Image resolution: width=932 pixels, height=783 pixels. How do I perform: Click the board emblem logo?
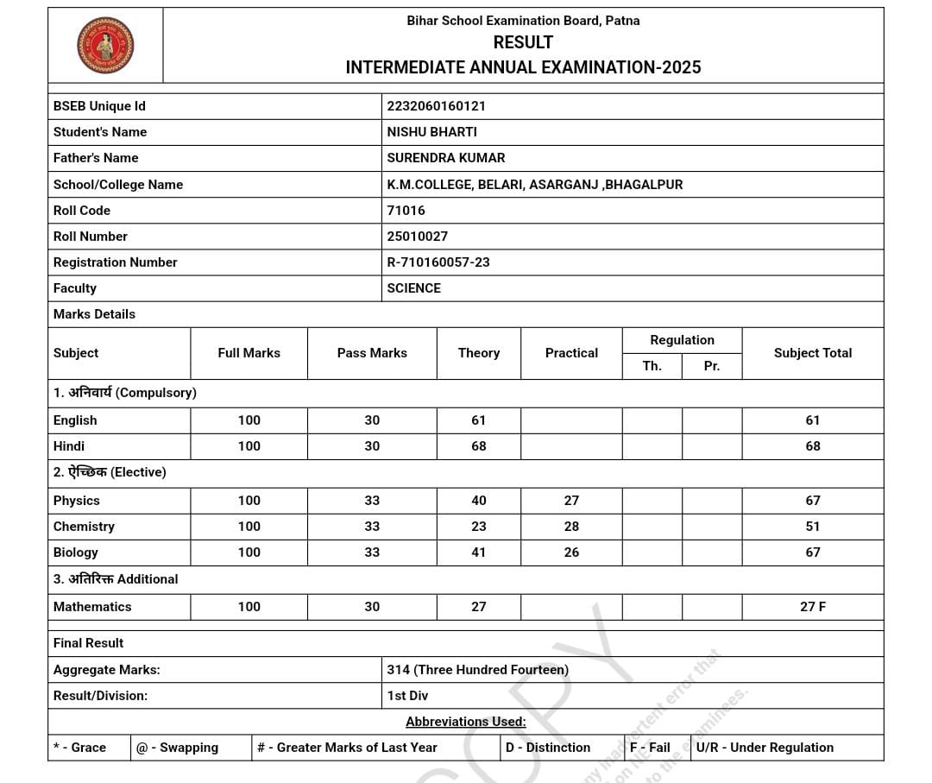[x=105, y=45]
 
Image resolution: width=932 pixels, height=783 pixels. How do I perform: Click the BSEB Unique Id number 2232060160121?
[x=436, y=106]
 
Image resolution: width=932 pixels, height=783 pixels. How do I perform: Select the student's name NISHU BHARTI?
[x=431, y=132]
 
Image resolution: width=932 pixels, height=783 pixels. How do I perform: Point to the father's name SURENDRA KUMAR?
[x=445, y=158]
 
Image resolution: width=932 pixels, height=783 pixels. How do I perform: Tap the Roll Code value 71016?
[x=406, y=211]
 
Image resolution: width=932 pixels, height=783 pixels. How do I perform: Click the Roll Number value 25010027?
[x=417, y=237]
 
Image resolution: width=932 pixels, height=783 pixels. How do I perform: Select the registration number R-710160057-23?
[x=438, y=262]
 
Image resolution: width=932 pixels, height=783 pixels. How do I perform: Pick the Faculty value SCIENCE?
[x=413, y=288]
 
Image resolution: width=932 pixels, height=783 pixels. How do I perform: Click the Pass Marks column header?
[x=372, y=353]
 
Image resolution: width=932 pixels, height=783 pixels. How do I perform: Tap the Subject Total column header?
[x=812, y=353]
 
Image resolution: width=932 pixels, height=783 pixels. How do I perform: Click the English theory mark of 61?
[x=479, y=420]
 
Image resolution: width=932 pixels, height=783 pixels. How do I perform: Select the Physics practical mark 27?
[x=571, y=501]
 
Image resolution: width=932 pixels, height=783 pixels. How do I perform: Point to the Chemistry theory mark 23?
[x=479, y=527]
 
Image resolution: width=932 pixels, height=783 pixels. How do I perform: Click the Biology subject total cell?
[x=812, y=553]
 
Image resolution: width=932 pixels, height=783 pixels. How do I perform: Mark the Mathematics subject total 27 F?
[x=812, y=607]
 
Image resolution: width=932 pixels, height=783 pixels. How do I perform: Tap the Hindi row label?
[x=69, y=446]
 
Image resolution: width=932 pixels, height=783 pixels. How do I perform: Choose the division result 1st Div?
[x=407, y=696]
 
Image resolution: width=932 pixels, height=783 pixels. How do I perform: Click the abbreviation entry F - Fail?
[x=650, y=748]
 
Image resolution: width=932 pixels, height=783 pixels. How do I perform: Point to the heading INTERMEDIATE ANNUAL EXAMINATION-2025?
[x=523, y=67]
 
